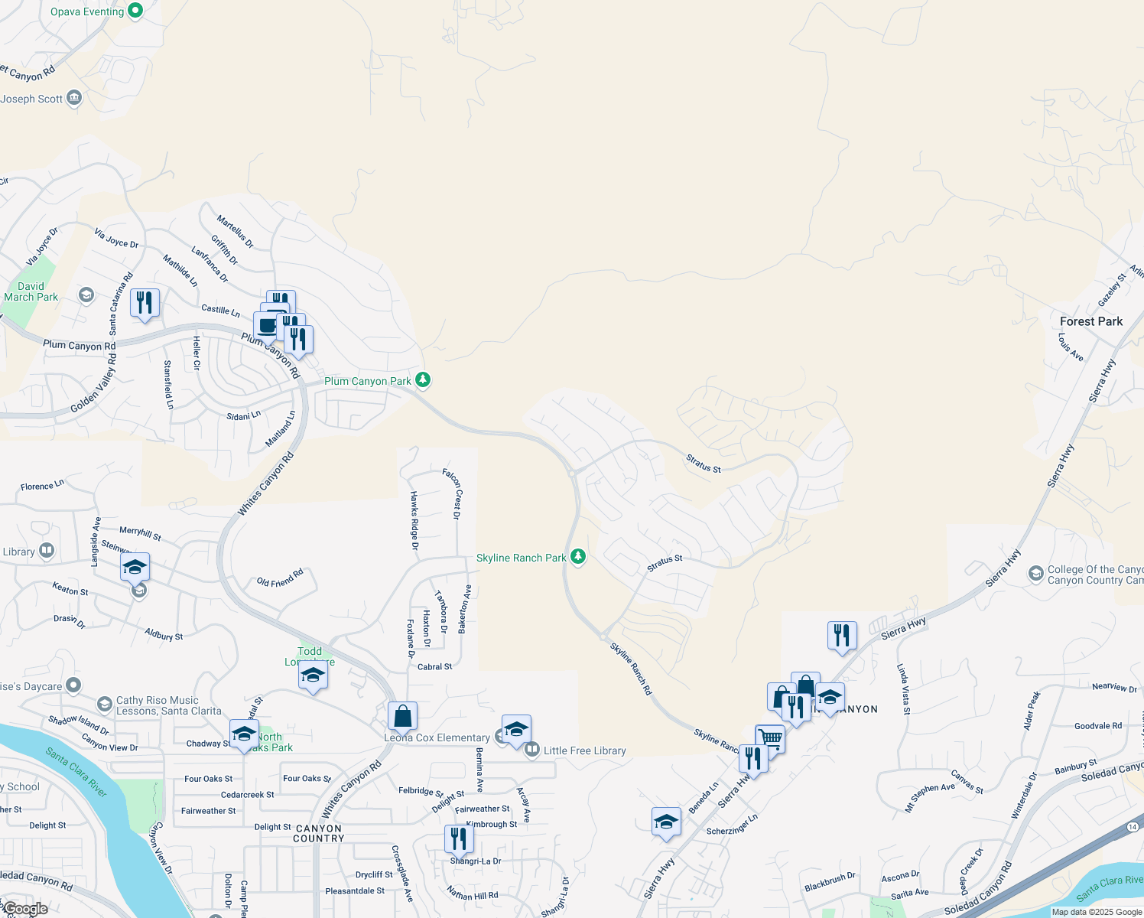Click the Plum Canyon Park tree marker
(x=422, y=380)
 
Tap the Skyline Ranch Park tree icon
(x=578, y=557)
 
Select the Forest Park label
(x=1091, y=321)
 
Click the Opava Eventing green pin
(x=135, y=11)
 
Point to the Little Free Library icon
(x=531, y=750)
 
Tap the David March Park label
(x=31, y=291)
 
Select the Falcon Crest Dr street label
(x=452, y=494)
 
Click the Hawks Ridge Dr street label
(x=414, y=520)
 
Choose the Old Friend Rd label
(x=280, y=578)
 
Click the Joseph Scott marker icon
(x=74, y=98)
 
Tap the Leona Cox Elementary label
(x=437, y=737)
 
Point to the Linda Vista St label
(x=903, y=689)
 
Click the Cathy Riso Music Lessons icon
(x=105, y=704)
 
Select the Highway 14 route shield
(x=1133, y=827)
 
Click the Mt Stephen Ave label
(x=930, y=797)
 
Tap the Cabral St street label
(x=434, y=666)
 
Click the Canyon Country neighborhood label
(x=319, y=833)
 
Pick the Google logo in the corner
(x=24, y=909)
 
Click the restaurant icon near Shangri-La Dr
(x=458, y=838)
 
